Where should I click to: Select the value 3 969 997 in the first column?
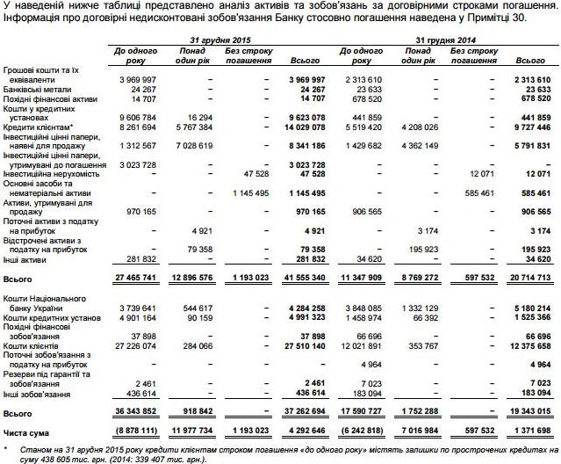pyautogui.click(x=133, y=79)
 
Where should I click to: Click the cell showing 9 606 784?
pyautogui.click(x=133, y=117)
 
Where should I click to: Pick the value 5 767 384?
pyautogui.click(x=191, y=127)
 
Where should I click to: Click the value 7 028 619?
pyautogui.click(x=191, y=146)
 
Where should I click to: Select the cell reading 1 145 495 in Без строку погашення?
pyautogui.click(x=248, y=192)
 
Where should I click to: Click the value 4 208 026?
pyautogui.click(x=423, y=127)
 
